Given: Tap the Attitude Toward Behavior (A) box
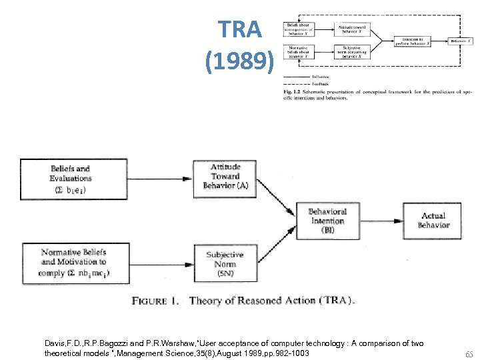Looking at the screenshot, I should pyautogui.click(x=225, y=177).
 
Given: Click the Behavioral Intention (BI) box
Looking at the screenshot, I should pyautogui.click(x=327, y=221).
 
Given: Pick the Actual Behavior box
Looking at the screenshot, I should pyautogui.click(x=433, y=221).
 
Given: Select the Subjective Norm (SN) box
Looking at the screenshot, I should pyautogui.click(x=225, y=263).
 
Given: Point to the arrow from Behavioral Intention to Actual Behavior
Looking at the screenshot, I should pyautogui.click(x=381, y=221).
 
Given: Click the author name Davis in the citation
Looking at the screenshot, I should pyautogui.click(x=55, y=343).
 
